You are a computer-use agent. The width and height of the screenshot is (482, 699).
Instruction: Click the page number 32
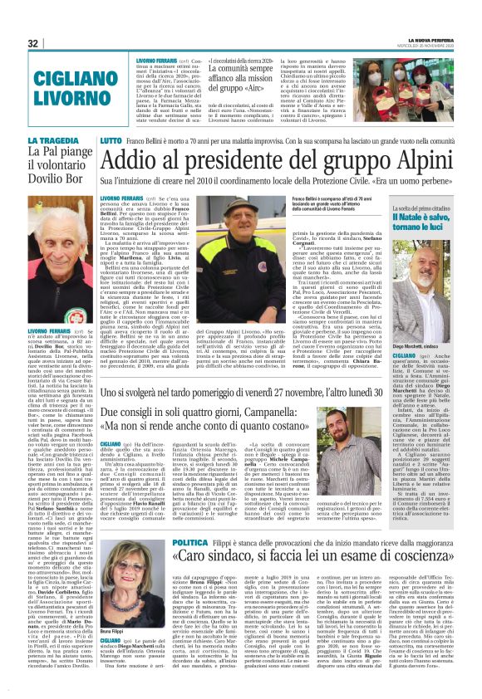33,43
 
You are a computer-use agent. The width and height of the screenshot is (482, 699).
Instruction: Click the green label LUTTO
111,142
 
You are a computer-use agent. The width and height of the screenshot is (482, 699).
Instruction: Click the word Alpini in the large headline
390,162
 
